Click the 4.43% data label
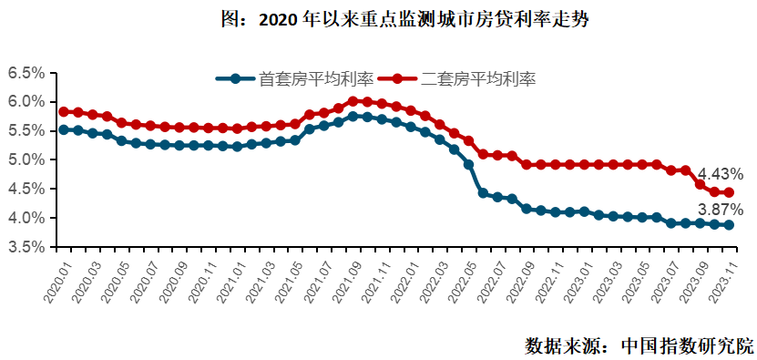[x=721, y=174]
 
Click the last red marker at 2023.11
[x=729, y=192]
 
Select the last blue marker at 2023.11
[x=729, y=225]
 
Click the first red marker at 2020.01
[x=64, y=112]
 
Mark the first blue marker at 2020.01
[x=64, y=129]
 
